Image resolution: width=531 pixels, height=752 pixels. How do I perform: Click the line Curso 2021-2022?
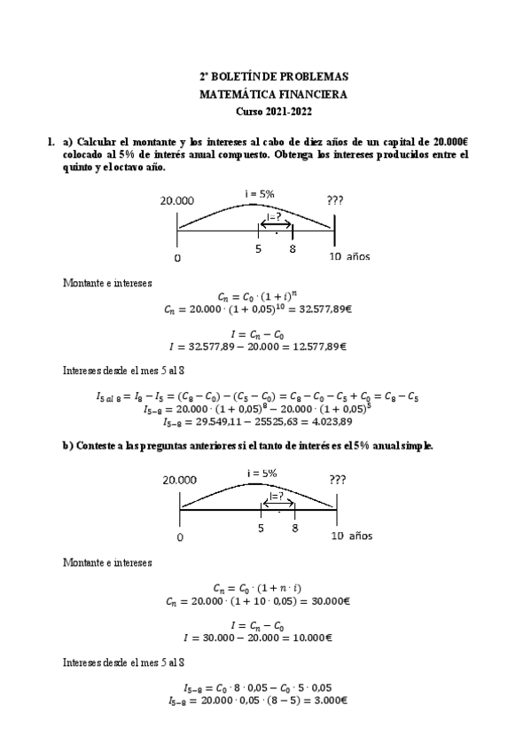[x=273, y=111]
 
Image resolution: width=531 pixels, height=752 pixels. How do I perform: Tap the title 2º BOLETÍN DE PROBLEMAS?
[x=273, y=77]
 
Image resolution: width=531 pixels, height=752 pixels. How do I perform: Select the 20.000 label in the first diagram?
[x=177, y=200]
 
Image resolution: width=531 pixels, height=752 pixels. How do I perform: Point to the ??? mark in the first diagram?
[x=334, y=200]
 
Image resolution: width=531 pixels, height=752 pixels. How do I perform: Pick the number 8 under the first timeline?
[x=293, y=250]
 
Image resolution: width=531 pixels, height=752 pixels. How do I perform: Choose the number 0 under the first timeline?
[x=177, y=258]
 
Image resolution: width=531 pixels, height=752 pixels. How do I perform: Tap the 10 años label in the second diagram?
[x=352, y=536]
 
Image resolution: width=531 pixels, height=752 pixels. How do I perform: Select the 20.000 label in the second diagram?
[x=180, y=479]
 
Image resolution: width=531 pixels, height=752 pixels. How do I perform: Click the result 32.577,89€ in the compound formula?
[x=316, y=309]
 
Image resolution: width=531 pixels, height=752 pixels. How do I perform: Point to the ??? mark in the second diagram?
[x=337, y=479]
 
